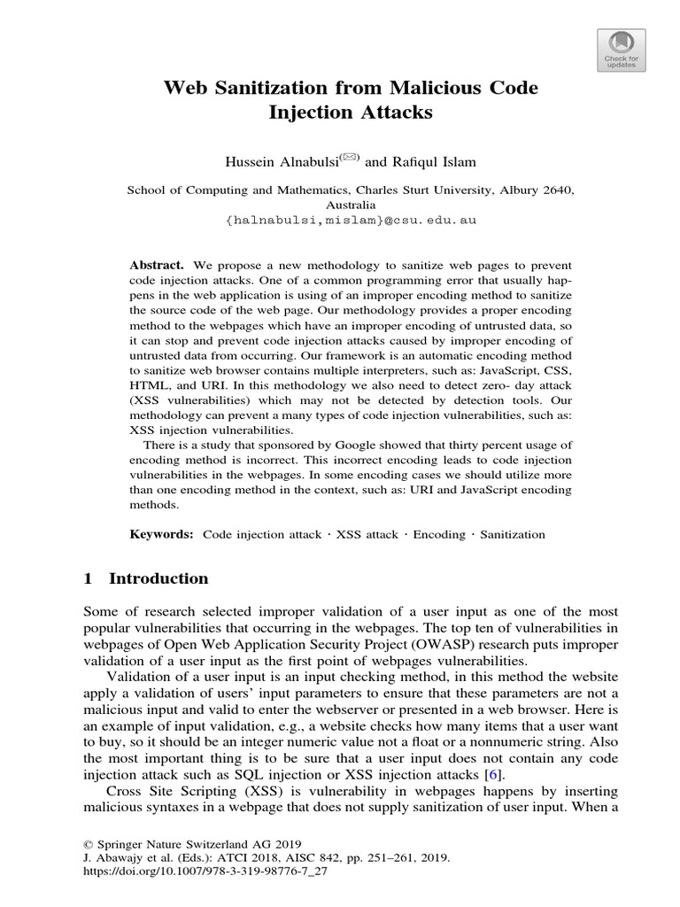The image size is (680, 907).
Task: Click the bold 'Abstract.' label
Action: pos(157,266)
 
